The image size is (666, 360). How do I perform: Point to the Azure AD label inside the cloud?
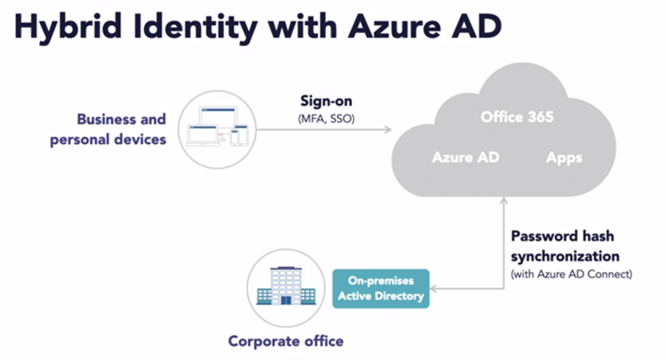(x=465, y=159)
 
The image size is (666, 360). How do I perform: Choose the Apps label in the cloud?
(x=564, y=159)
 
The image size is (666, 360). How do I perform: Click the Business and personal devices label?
(x=121, y=129)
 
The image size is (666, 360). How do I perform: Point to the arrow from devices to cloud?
(x=325, y=131)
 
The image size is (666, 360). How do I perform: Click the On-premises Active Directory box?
(x=381, y=290)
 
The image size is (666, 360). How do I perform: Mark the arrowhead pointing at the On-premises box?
(x=434, y=290)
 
